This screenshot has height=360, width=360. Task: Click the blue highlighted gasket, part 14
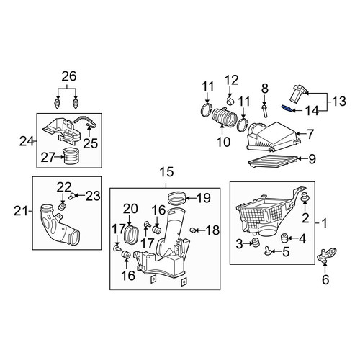287,109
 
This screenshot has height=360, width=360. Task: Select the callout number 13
339,101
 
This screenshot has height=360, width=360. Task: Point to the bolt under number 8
265,111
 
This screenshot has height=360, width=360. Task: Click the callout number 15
166,172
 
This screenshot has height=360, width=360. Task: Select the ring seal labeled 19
176,199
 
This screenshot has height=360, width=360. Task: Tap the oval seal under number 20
131,234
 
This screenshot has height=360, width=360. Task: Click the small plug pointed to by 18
192,230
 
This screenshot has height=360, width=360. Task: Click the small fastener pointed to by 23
71,197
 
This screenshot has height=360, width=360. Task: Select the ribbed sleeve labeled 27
71,156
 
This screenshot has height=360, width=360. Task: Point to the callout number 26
69,76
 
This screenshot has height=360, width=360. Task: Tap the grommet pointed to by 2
305,197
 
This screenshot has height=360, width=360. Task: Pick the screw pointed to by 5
266,251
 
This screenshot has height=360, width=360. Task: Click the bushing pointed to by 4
284,238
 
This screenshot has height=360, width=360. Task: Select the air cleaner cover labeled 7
272,137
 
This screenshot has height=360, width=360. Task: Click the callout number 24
27,141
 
